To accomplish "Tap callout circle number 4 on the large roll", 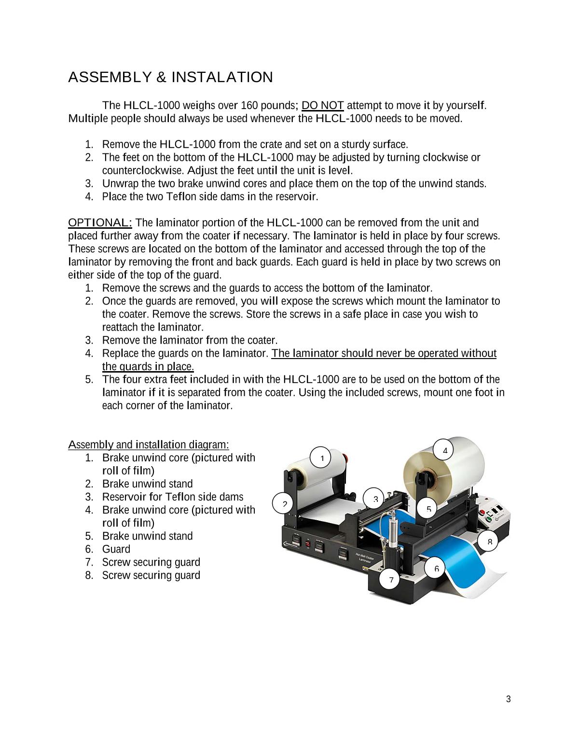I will click(x=445, y=451).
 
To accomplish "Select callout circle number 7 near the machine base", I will click(x=391, y=579).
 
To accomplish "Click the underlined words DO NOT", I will click(x=323, y=105).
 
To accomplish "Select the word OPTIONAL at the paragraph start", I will click(x=100, y=222).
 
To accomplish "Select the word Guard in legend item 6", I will click(x=116, y=549).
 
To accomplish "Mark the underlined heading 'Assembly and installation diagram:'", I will click(x=149, y=444).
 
